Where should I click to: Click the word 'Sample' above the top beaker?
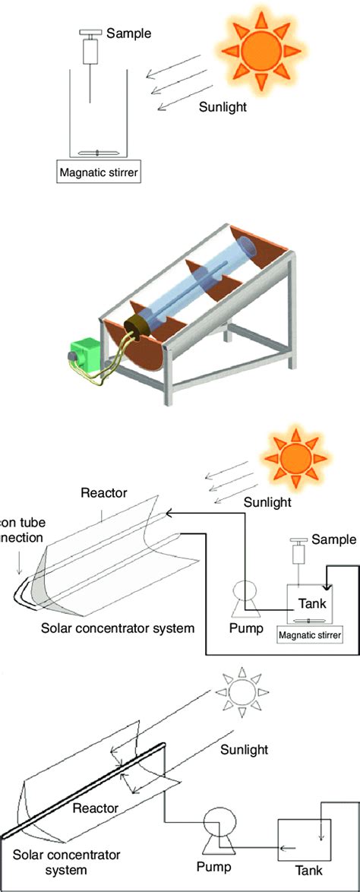coord(130,33)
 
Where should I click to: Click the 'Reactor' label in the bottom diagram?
coord(95,809)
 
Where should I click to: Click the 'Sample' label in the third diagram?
coord(333,539)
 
